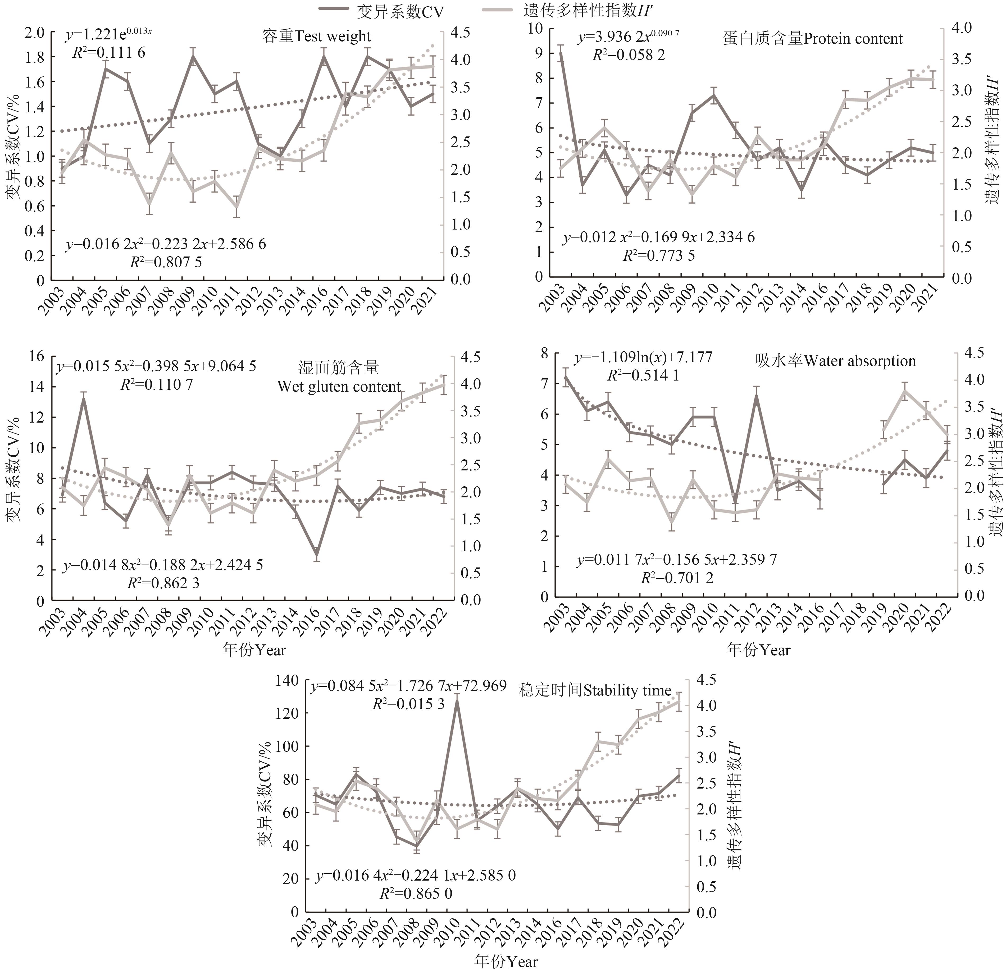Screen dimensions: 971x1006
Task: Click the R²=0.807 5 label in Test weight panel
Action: tap(166, 262)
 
